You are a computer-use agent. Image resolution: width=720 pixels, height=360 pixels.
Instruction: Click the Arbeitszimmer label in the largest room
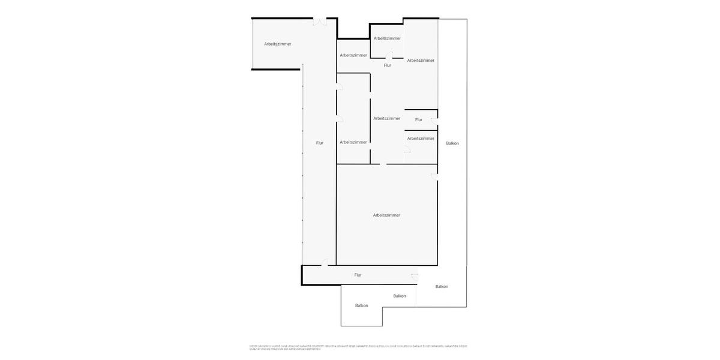pos(386,215)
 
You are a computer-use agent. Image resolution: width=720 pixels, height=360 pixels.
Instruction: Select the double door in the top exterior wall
pos(320,22)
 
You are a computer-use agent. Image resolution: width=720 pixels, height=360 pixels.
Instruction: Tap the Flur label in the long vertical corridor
pos(320,143)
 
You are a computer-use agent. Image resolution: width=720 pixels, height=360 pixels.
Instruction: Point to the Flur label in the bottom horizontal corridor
pos(358,275)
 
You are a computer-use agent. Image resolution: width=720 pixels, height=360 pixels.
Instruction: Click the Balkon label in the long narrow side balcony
pos(452,143)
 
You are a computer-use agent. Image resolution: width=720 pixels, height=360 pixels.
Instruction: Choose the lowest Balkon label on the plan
pos(361,305)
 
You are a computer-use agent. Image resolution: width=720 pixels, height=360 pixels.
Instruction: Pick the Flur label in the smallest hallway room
pos(419,119)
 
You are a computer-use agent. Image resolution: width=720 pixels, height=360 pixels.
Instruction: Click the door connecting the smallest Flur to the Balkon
pos(434,121)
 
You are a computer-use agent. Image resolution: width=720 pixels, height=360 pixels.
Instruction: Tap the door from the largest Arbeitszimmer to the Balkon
pos(434,176)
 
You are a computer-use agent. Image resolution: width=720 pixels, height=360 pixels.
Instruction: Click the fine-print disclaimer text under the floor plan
pos(358,347)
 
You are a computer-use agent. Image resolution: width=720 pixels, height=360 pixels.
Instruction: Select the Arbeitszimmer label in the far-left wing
pos(278,44)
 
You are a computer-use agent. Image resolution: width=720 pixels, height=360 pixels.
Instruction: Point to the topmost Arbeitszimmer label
pos(387,38)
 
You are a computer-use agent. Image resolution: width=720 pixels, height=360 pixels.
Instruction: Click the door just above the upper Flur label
pos(389,55)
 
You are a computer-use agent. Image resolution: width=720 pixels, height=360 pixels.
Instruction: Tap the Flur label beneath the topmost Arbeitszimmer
pos(388,65)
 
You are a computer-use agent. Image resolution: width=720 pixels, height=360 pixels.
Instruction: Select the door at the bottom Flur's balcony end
pos(415,274)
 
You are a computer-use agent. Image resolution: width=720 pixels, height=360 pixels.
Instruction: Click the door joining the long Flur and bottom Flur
pos(325,262)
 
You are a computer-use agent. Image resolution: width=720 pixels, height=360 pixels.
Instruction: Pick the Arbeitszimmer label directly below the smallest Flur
pos(421,139)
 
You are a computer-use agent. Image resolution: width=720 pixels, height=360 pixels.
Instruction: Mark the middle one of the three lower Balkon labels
pos(400,296)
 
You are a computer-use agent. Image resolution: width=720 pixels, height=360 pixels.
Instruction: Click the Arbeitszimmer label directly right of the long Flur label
pos(353,142)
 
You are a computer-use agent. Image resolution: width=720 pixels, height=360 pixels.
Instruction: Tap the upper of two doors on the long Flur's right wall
pos(340,88)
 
